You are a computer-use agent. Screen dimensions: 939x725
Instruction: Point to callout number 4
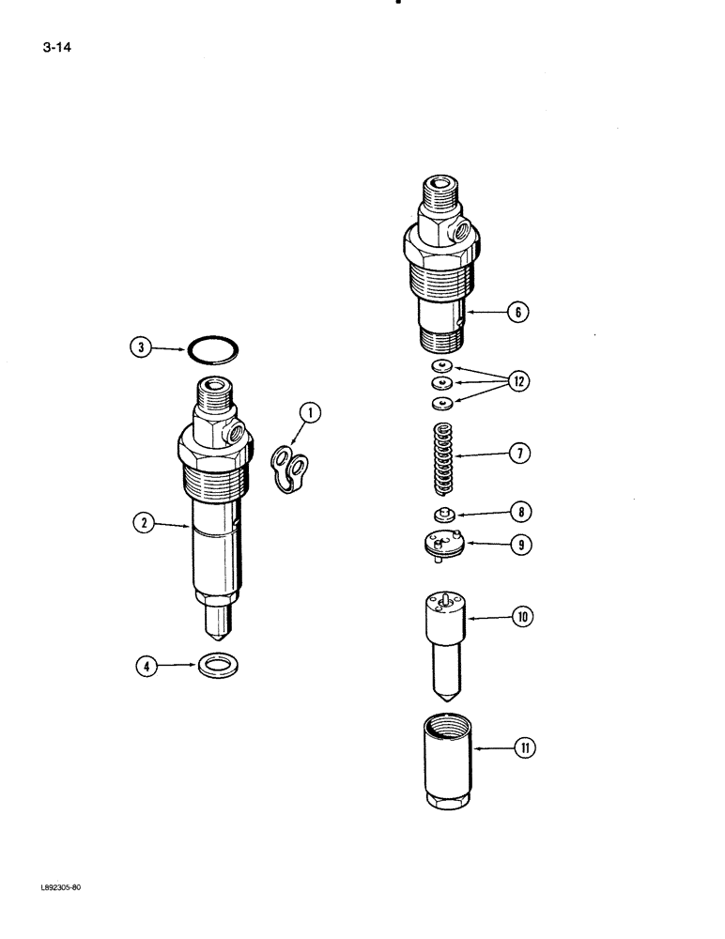pyautogui.click(x=147, y=668)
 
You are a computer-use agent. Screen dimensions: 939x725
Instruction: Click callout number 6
pyautogui.click(x=517, y=313)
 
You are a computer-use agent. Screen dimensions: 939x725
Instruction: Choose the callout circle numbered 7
pyautogui.click(x=517, y=454)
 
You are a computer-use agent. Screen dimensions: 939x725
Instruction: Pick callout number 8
pyautogui.click(x=517, y=513)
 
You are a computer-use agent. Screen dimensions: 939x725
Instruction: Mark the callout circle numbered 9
pyautogui.click(x=517, y=543)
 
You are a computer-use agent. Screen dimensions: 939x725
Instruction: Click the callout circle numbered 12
pyautogui.click(x=517, y=381)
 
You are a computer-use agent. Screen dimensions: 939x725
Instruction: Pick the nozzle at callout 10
pyautogui.click(x=443, y=639)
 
